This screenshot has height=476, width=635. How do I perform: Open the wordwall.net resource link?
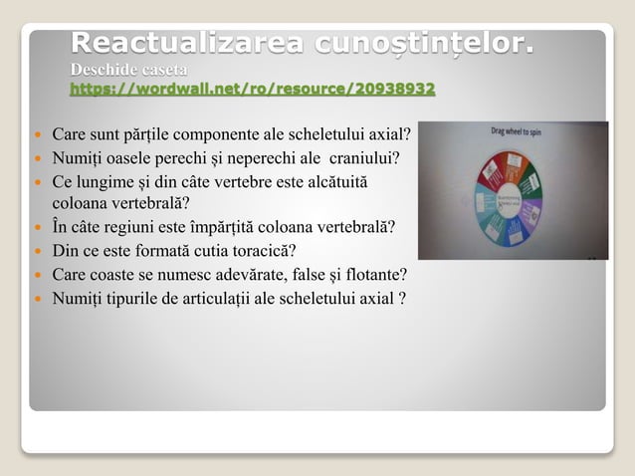click(252, 90)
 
